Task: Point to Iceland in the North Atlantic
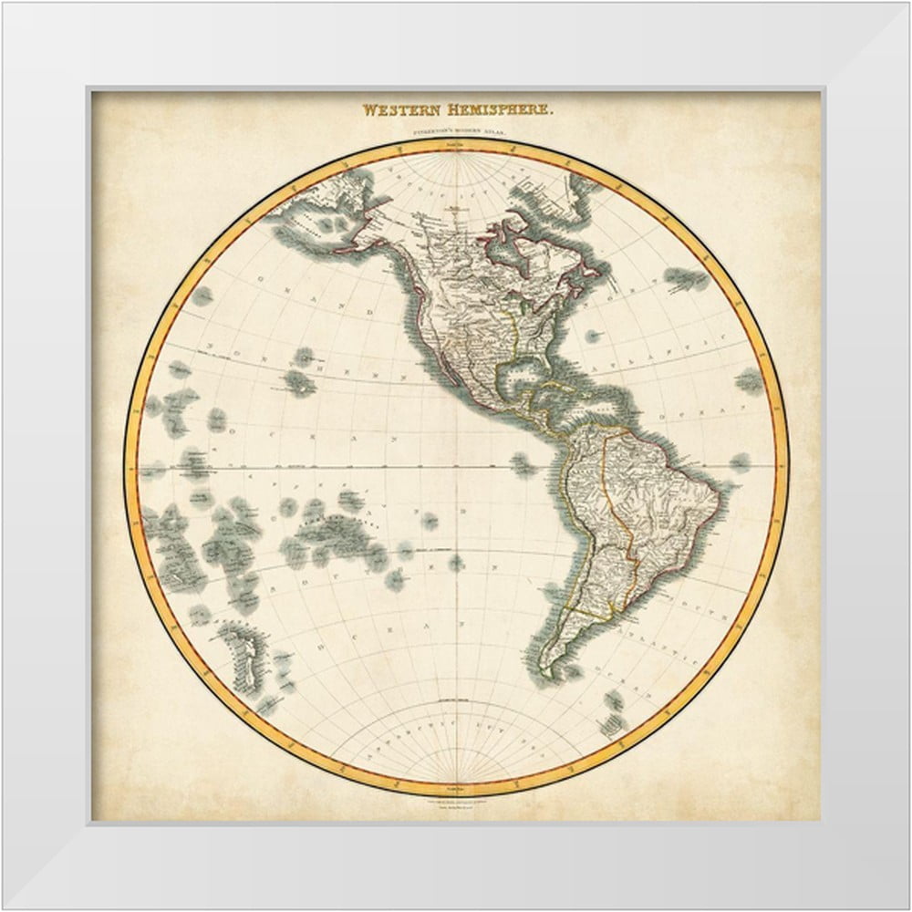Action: pyautogui.click(x=686, y=277)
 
